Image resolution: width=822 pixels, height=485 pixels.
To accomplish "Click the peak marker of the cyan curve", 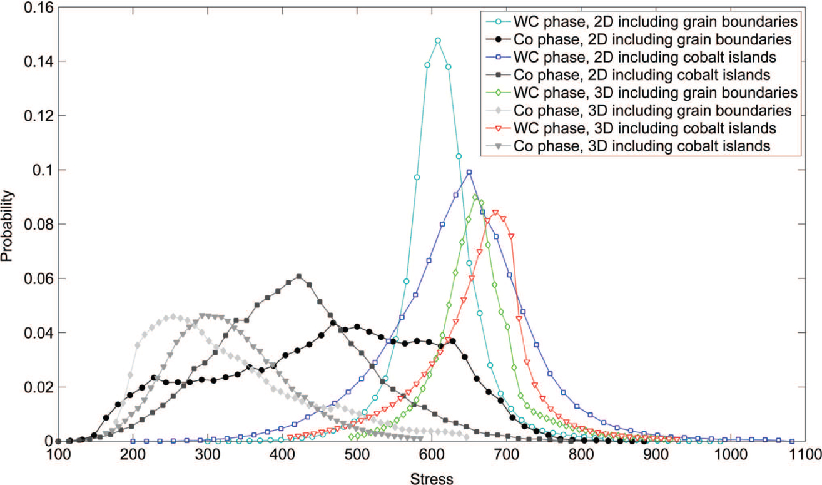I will pos(437,41).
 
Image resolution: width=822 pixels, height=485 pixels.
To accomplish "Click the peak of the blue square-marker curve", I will pos(469,172).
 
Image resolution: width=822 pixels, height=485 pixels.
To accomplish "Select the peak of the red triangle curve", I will pos(495,213).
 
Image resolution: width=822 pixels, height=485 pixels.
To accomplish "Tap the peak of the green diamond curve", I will pos(475,197).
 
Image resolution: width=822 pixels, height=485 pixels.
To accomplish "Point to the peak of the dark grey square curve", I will pos(299,277).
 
